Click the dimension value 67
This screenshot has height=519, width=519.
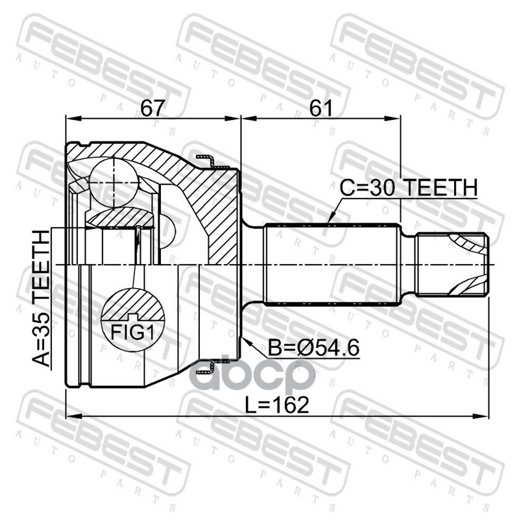pos(152,108)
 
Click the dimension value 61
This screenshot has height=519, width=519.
pos(320,108)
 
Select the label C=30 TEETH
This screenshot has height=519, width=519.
pos(409,188)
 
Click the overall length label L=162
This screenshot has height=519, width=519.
pos(277,404)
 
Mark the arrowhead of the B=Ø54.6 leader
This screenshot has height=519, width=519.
pos(243,339)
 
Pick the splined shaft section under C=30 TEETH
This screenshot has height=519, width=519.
pos(331,265)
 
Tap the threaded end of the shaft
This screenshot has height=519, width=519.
pos(451,265)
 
